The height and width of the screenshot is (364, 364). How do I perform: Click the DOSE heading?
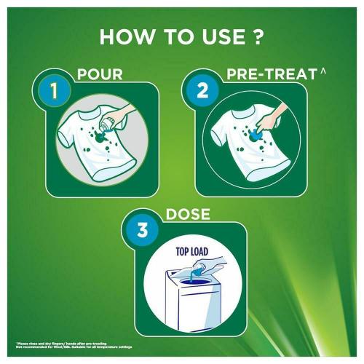(178, 215)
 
